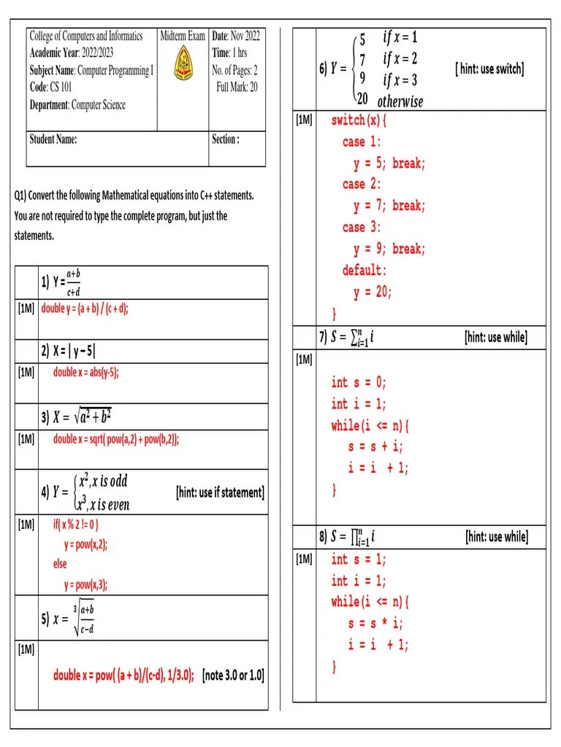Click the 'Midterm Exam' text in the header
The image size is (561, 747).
[x=183, y=36]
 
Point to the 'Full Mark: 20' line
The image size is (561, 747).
[x=237, y=88]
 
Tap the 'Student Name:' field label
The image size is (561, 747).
[x=53, y=139]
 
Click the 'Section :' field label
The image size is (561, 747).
[x=226, y=139]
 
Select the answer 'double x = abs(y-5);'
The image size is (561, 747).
[x=85, y=372]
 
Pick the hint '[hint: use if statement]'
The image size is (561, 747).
[x=220, y=493]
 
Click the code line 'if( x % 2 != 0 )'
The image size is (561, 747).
[x=75, y=525]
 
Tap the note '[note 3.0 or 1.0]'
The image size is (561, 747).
[x=233, y=675]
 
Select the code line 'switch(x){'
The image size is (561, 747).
[x=359, y=120]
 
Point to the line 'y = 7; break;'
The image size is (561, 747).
[x=389, y=206]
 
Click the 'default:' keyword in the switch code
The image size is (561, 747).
[x=365, y=271]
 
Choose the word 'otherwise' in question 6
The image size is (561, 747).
[x=400, y=101]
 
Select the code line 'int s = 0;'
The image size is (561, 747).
[x=359, y=382]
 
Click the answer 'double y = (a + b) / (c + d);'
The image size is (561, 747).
[x=85, y=309]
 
